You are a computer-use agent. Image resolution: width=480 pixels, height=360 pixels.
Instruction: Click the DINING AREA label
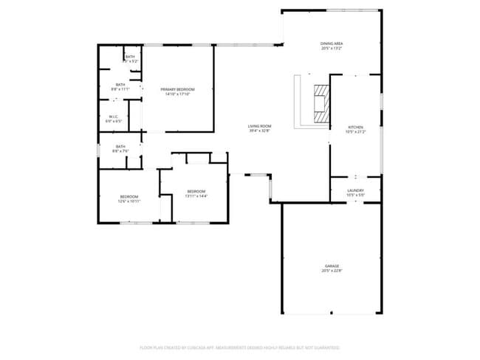pos(331,44)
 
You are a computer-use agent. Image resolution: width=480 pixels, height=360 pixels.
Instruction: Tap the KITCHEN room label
pos(355,127)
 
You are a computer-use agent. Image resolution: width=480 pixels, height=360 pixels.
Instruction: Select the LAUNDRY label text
pos(355,190)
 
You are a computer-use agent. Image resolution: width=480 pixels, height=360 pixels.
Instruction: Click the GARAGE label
pos(332,266)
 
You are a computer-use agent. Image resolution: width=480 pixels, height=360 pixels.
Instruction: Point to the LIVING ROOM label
pos(259,126)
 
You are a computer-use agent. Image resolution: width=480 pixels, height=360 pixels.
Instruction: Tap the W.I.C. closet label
pos(113,117)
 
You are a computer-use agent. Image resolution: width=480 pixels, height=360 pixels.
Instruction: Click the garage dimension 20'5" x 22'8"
pos(332,271)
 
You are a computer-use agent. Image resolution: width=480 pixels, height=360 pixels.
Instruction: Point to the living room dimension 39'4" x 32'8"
pos(259,131)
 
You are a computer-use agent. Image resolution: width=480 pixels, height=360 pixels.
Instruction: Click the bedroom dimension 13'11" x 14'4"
pos(196,196)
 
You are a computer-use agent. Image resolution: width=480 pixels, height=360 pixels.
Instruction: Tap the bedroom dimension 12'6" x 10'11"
pos(129,201)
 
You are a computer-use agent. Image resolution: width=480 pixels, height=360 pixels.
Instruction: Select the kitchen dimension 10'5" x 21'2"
pos(355,132)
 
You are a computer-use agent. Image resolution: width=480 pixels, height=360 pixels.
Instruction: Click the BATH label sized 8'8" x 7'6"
pos(120,146)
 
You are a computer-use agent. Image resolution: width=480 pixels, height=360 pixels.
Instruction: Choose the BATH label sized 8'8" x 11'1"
pos(120,85)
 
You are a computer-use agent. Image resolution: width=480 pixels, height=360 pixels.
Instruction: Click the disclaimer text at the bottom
pos(239,347)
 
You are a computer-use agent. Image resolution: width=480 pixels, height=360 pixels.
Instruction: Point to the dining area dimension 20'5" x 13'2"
pos(331,49)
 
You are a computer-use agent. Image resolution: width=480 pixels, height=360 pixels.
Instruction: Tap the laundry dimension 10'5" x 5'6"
pos(355,195)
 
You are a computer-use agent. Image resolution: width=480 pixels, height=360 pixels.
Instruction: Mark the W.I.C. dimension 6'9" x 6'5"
pos(113,122)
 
